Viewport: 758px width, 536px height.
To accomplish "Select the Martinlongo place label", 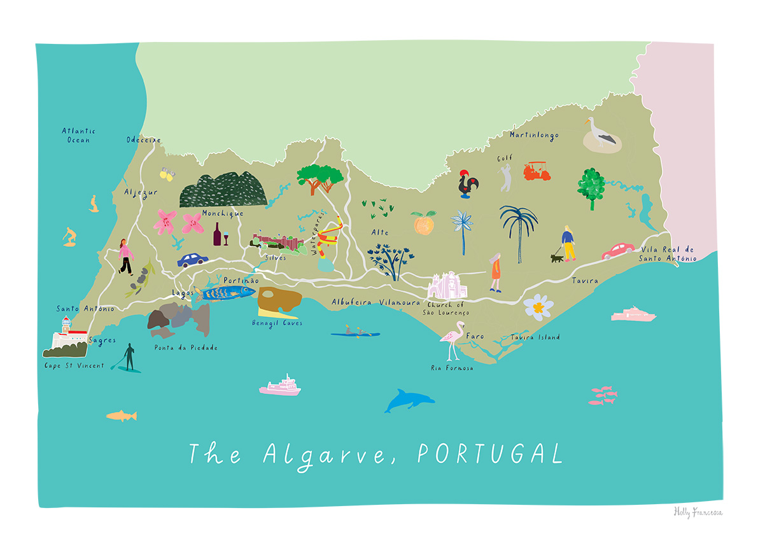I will (533, 135).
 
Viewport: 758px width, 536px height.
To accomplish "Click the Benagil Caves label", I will (277, 323).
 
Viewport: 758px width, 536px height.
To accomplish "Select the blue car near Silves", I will (193, 260).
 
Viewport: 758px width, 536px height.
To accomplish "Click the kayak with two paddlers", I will (355, 332).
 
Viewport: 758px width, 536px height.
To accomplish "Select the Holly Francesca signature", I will (698, 512).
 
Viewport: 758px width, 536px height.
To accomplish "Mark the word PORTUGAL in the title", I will (490, 455).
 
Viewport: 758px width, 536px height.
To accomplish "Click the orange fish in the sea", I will (121, 416).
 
